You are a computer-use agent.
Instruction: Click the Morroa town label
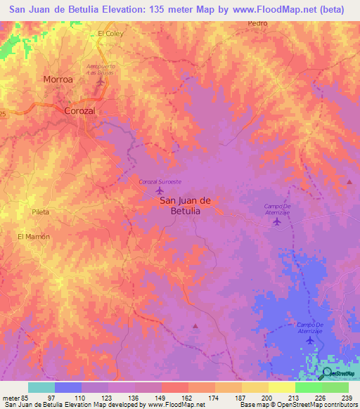tap(58, 79)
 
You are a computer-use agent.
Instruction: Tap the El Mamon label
tap(34, 237)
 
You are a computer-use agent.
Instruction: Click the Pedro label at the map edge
tap(258, 23)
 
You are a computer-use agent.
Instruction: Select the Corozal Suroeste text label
tap(160, 181)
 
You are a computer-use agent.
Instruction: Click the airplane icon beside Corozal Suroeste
tap(160, 190)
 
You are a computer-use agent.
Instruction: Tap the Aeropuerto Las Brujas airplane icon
tap(101, 82)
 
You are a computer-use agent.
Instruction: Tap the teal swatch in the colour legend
tap(41, 387)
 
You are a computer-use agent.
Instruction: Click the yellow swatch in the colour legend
tap(282, 387)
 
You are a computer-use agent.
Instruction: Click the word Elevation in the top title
tap(115, 9)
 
